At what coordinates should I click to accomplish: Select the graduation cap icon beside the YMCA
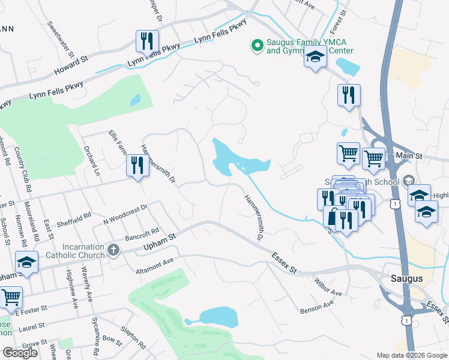tap(315, 58)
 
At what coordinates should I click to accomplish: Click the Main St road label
tap(411, 156)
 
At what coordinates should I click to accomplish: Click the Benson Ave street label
tap(316, 308)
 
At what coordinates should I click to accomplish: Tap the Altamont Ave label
tap(154, 260)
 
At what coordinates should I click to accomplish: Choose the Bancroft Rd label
tap(142, 233)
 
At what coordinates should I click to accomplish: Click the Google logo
tap(20, 353)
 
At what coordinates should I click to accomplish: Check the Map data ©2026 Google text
tap(411, 355)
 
